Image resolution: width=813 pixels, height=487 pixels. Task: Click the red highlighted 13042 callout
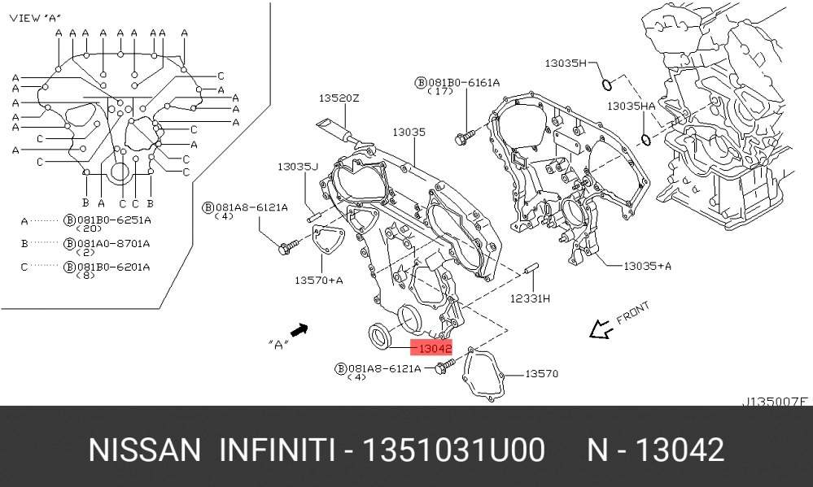[x=431, y=348]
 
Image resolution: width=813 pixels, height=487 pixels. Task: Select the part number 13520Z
[x=339, y=98]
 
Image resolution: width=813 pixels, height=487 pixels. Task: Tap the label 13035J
[x=298, y=167]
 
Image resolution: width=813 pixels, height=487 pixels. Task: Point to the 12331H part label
[x=530, y=298]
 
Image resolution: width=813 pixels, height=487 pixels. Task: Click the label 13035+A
[x=647, y=266]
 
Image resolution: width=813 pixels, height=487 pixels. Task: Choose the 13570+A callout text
[x=318, y=280]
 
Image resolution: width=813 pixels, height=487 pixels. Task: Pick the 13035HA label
[x=631, y=106]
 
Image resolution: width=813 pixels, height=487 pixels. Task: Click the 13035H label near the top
[x=565, y=63]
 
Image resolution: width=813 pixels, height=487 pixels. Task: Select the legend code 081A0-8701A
[x=113, y=243]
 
